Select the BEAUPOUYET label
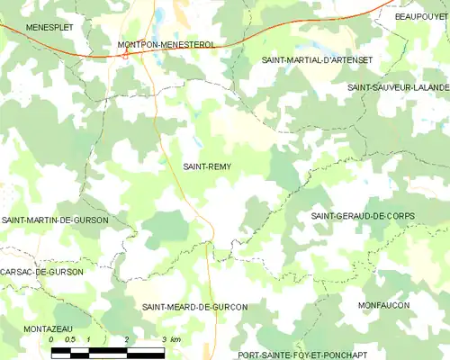(421, 16)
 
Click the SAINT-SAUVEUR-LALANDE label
(398, 87)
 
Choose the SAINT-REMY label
(206, 166)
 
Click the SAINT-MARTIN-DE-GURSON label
(55, 220)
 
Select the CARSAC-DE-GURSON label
(41, 272)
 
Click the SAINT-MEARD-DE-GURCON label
(194, 307)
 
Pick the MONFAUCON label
(383, 306)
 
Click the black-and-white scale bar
(108, 351)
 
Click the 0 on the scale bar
(52, 339)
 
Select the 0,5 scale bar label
(69, 339)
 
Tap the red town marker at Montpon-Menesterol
(125, 54)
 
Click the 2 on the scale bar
(127, 339)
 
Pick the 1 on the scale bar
(90, 339)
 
